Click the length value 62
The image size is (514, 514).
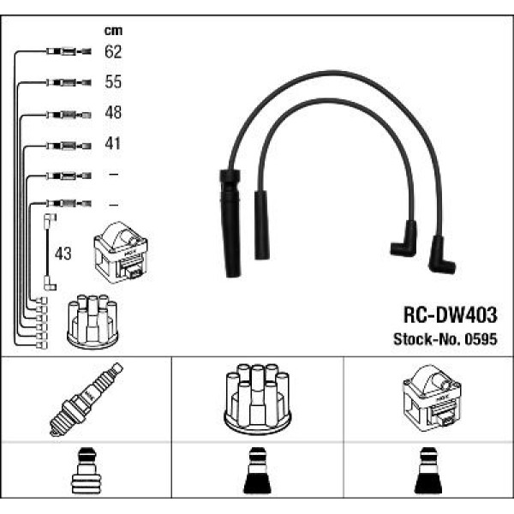coord(113,51)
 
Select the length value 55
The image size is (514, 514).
coord(113,82)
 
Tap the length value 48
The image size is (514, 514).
coord(113,113)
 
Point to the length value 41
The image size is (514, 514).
coord(113,144)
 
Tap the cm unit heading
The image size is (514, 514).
coord(111,31)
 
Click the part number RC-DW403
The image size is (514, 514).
coord(450,314)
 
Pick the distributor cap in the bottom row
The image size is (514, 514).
coord(256,399)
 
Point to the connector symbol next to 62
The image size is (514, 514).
coord(65,52)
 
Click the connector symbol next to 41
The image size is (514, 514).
coord(65,145)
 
